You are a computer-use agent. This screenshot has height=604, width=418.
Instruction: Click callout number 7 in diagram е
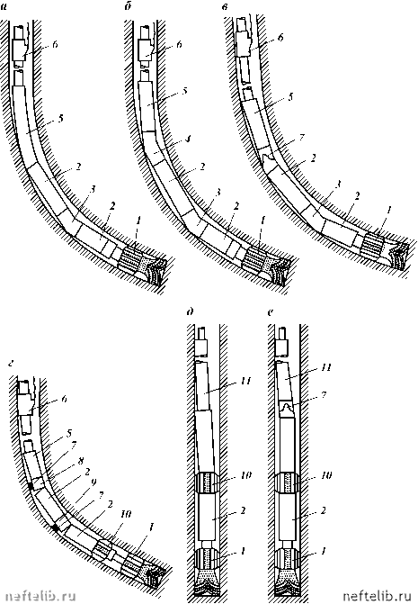pos(325,395)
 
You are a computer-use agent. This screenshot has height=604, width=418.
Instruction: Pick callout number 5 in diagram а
pos(60,119)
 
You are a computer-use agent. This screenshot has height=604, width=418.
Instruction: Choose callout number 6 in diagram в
pos(280,38)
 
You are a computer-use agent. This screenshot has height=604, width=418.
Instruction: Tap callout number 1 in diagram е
pos(323,551)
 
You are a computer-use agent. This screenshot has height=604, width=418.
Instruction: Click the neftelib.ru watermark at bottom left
pos(38,596)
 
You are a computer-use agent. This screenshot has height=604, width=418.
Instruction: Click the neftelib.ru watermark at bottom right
pos(379,596)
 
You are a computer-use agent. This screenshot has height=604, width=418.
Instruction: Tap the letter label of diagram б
pos(128,7)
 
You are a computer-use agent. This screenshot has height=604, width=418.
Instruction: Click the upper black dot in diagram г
pos(31,486)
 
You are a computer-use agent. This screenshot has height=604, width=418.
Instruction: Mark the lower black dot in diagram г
pos(56,528)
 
